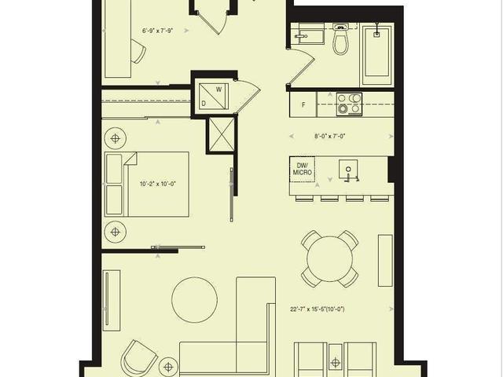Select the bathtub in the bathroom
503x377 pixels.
(377, 53)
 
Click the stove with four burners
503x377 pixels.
(349, 104)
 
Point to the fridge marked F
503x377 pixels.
(303, 104)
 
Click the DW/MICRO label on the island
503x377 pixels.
(303, 167)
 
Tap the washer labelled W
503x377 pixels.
(219, 89)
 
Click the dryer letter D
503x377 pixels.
(204, 103)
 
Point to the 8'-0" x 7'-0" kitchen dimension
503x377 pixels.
(330, 136)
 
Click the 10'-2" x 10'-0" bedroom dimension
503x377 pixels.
(158, 185)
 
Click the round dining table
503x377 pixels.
(330, 258)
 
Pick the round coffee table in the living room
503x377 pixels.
(194, 299)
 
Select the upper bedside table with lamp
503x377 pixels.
(116, 139)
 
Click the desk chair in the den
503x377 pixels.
(138, 53)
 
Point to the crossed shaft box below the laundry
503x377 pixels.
(221, 134)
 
